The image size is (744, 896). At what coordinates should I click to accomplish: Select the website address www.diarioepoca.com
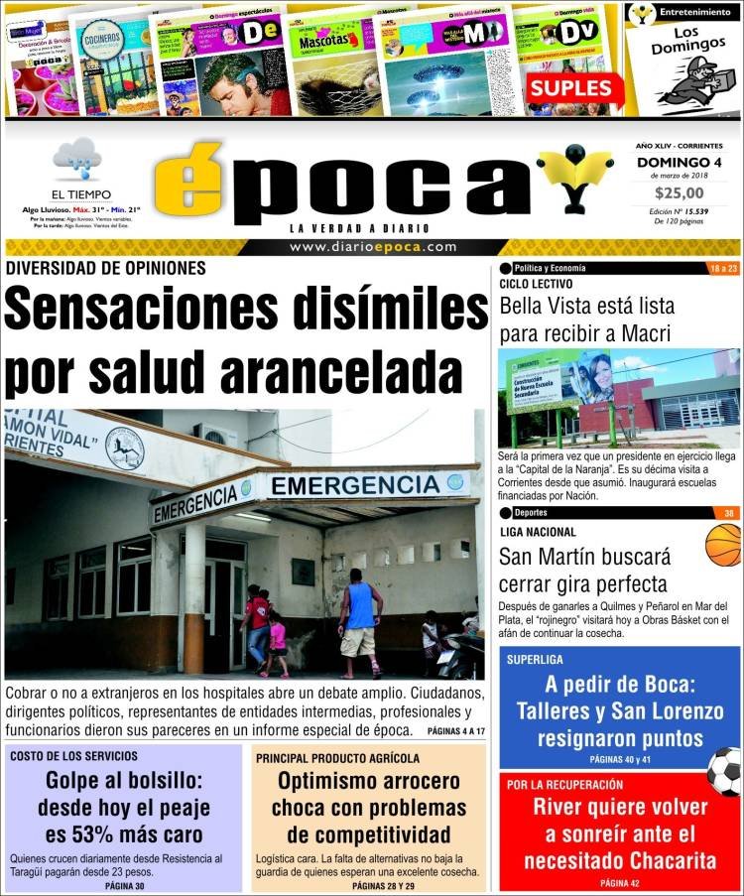373,247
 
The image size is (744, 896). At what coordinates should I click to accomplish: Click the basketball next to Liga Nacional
723,545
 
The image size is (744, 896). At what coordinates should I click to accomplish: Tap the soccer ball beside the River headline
724,771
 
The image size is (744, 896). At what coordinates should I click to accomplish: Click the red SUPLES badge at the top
570,88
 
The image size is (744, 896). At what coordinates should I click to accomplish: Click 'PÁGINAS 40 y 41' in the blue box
620,759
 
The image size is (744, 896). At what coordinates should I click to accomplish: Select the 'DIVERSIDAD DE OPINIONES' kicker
106,268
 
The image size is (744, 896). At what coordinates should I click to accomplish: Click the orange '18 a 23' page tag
724,269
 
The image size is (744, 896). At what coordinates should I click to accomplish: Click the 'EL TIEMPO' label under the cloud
81,194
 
